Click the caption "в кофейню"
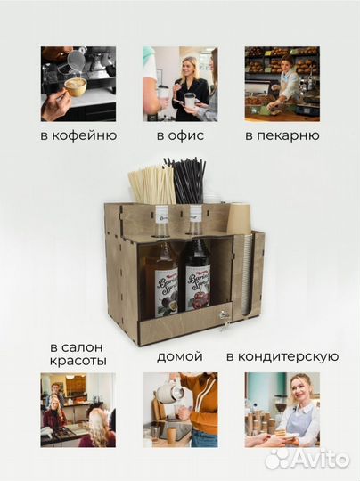point(78,136)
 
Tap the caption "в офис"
point(179,136)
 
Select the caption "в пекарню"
point(282,136)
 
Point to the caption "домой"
point(179,356)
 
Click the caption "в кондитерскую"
point(282,356)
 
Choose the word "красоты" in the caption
point(78,362)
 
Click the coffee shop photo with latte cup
point(78,84)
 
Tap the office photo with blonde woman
point(179,84)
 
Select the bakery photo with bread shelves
point(282,84)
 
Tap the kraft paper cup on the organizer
point(240,218)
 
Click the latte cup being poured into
point(75,86)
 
